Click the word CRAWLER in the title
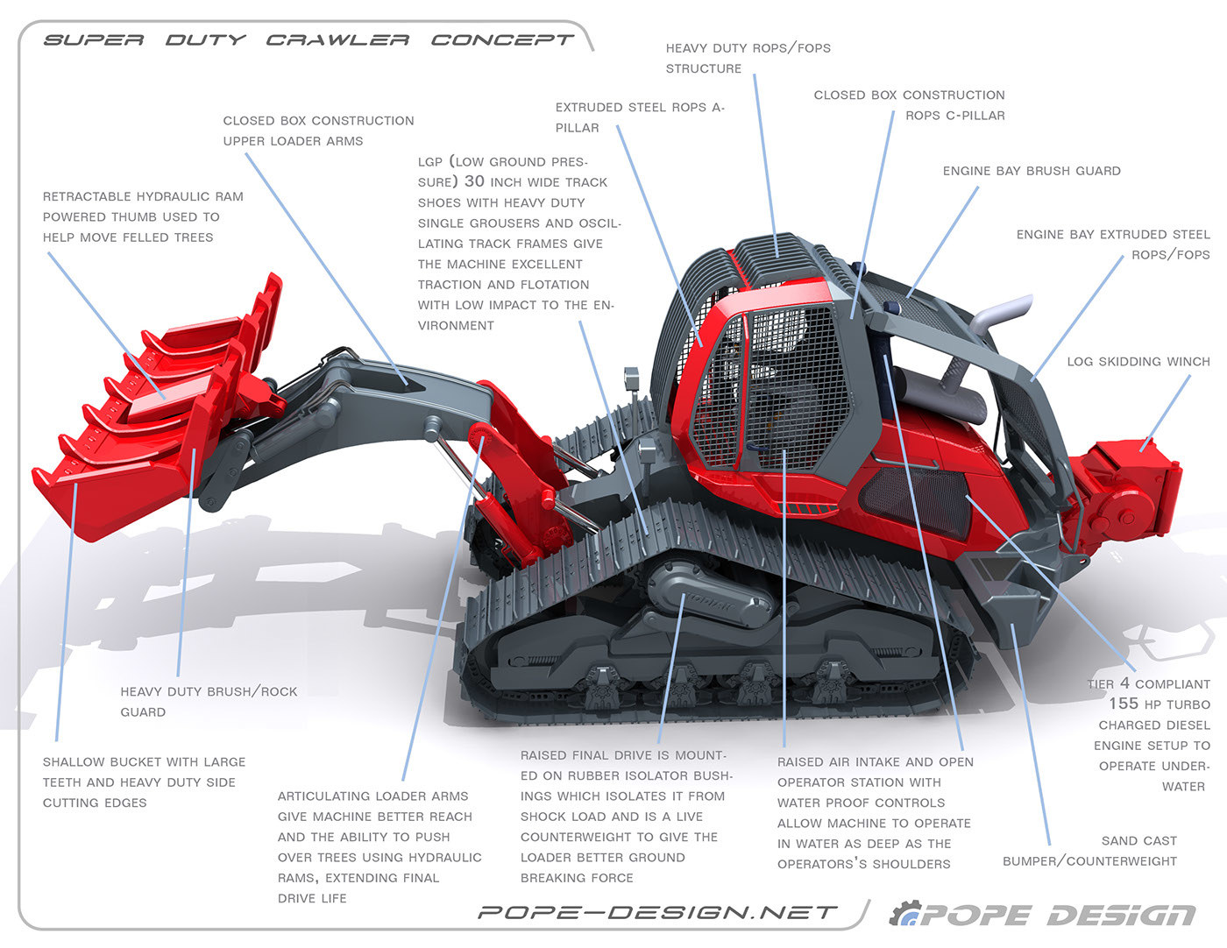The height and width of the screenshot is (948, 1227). coord(337,40)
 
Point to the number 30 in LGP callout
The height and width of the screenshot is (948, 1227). coord(474,181)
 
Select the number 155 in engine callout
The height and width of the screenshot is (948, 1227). coord(1124,704)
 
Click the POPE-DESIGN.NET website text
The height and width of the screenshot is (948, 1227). coord(657,913)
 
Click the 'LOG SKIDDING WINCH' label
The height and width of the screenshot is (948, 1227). coord(1138,361)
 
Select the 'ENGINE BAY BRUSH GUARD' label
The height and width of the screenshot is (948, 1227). coord(1032,171)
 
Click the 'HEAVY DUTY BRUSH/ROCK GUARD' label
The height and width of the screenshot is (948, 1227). coord(208,701)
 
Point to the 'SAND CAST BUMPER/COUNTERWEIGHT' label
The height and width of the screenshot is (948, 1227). coord(1089,851)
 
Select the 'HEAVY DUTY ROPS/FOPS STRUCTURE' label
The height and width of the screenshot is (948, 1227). coord(748,58)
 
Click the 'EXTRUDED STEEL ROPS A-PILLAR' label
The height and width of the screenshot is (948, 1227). coord(639,117)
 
